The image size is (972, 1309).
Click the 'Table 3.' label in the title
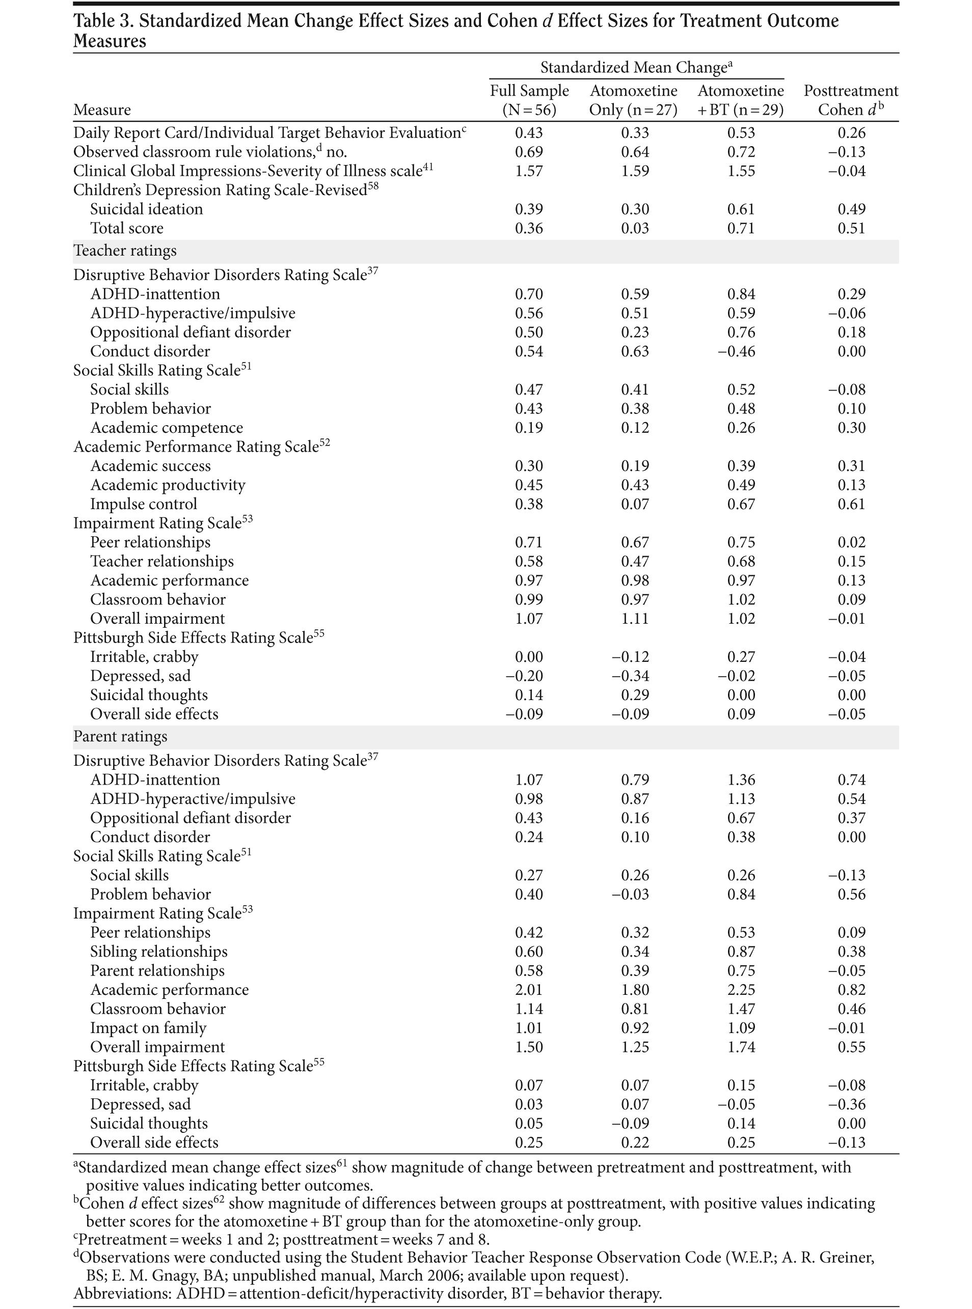[102, 21]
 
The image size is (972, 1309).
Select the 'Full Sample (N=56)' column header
[529, 100]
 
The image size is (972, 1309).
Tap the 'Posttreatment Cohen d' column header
[851, 100]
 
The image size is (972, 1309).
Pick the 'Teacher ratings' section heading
[125, 251]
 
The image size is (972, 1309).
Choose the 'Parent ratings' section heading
[120, 737]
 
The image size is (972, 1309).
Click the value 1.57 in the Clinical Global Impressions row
[529, 171]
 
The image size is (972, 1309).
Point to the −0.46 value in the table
[741, 352]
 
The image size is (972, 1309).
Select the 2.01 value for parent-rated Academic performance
[529, 990]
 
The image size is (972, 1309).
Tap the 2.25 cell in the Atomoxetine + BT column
[741, 990]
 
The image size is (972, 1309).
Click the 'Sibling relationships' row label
[158, 952]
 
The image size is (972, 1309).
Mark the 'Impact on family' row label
[148, 1028]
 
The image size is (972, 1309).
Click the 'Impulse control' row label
[144, 504]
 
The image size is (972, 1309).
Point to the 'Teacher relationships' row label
[162, 562]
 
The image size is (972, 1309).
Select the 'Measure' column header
[102, 110]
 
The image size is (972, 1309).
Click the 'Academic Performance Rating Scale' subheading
[196, 447]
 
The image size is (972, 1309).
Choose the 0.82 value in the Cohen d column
[851, 990]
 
